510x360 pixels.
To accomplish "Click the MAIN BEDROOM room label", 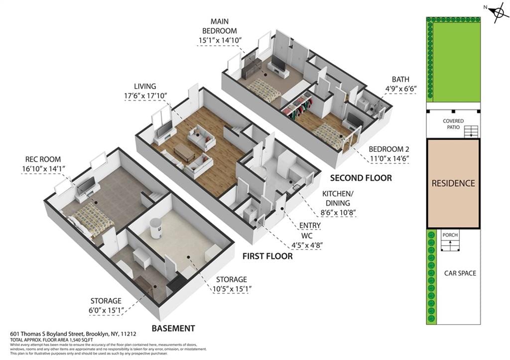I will coord(223,26).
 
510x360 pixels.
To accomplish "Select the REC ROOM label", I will coord(43,159).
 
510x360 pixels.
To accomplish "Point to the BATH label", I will coord(400,79).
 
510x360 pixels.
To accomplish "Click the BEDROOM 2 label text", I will coord(389,149).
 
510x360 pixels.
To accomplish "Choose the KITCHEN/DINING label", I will coord(343,199).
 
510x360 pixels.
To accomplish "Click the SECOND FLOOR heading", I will coord(361,178).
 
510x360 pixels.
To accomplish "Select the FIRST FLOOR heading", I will coord(267,256).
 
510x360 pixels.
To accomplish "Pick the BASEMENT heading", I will coord(173,328).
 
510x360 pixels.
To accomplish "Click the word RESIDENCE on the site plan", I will coord(453,183).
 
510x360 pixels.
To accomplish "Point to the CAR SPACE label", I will coord(460,273).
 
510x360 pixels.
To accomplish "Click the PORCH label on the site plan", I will coord(450,235).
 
